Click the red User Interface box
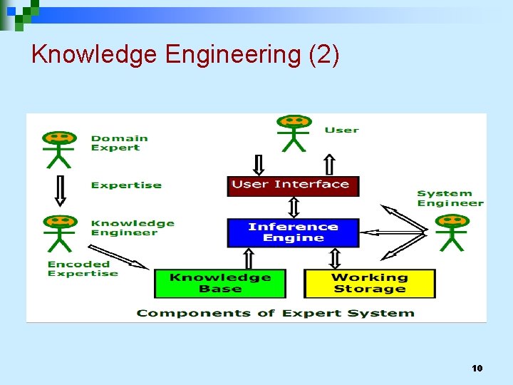(x=293, y=185)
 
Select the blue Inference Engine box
(x=293, y=232)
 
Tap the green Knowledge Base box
(x=219, y=283)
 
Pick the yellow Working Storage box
(x=369, y=283)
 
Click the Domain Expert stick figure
(x=60, y=148)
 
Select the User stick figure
(x=293, y=133)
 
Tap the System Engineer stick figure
(x=452, y=232)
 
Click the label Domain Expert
(x=119, y=143)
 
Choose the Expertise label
(x=126, y=185)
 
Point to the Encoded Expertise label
(x=83, y=269)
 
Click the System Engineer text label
(x=450, y=198)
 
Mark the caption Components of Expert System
(x=275, y=313)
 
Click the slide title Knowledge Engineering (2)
(x=185, y=54)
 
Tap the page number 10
(x=477, y=368)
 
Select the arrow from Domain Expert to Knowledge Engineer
(x=61, y=190)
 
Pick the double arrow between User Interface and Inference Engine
(x=293, y=207)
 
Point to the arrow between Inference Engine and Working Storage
(x=335, y=257)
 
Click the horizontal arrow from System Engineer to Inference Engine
(x=392, y=232)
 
